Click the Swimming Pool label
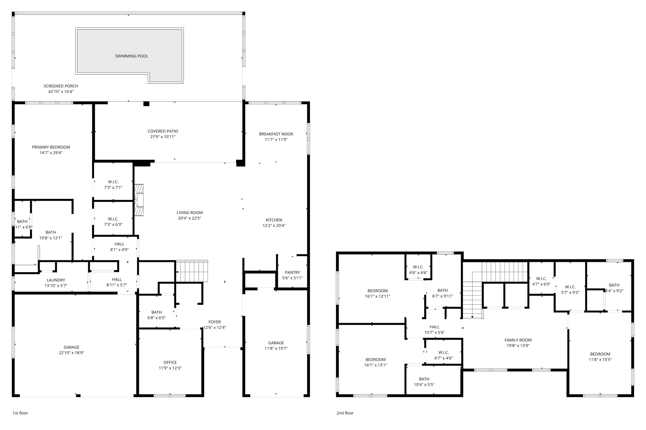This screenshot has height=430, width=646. pos(132,56)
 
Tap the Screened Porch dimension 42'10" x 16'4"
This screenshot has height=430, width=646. pos(61,92)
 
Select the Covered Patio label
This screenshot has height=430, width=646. pos(163,131)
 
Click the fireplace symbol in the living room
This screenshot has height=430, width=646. pos(139,200)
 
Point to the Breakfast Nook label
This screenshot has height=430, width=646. pos(276,134)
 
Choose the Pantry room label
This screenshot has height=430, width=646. pos(292,272)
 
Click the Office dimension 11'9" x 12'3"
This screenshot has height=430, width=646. pos(170,368)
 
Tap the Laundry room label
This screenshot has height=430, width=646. pos(56,280)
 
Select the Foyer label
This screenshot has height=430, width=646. pos(214,322)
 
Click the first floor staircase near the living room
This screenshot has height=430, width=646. pos(192,272)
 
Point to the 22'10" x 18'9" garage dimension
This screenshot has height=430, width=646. pos(71,353)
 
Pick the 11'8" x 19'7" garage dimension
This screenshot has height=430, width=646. pos(276,348)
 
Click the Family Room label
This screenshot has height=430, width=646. pos(518,340)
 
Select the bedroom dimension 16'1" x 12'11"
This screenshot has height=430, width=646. pos(377,296)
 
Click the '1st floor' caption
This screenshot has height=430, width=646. pos(20,413)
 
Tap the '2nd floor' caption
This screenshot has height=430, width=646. pos(345,413)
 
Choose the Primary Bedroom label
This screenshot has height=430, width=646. pos(51,147)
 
